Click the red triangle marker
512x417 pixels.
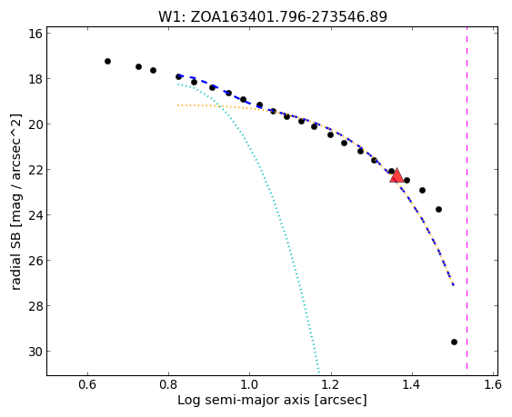pyautogui.click(x=397, y=175)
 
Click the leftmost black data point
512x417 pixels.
pyautogui.click(x=107, y=62)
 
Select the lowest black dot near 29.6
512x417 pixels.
pyautogui.click(x=454, y=342)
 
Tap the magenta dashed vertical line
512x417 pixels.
pyautogui.click(x=467, y=198)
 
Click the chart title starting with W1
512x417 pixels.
pyautogui.click(x=273, y=16)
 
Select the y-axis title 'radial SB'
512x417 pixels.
pyautogui.click(x=16, y=202)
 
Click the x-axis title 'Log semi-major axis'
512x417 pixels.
pyautogui.click(x=272, y=400)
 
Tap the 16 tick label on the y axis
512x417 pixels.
pyautogui.click(x=35, y=34)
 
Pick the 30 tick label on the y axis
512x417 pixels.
pyautogui.click(x=35, y=352)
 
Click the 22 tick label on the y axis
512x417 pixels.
pyautogui.click(x=35, y=170)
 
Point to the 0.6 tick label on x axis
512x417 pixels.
pyautogui.click(x=87, y=384)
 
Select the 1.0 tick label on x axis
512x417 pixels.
pyautogui.click(x=250, y=384)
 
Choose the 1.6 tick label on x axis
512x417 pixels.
pyautogui.click(x=493, y=384)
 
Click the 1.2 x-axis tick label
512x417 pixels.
pyautogui.click(x=331, y=384)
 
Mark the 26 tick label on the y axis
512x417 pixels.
pyautogui.click(x=35, y=261)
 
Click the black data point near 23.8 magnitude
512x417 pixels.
pyautogui.click(x=439, y=209)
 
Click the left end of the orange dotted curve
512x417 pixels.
pyautogui.click(x=178, y=105)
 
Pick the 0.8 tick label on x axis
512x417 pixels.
pyautogui.click(x=168, y=384)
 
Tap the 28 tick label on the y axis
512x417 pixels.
pyautogui.click(x=35, y=306)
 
